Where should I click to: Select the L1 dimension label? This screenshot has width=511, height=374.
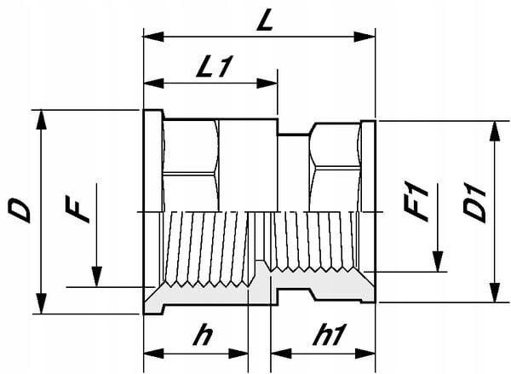pyautogui.click(x=214, y=66)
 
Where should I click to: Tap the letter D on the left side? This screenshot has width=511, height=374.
pyautogui.click(x=20, y=211)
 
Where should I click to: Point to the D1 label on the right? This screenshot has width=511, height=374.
pyautogui.click(x=474, y=204)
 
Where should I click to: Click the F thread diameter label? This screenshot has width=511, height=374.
pyautogui.click(x=77, y=209)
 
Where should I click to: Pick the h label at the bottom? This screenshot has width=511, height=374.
pyautogui.click(x=203, y=335)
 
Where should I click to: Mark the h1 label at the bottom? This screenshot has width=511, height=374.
pyautogui.click(x=327, y=335)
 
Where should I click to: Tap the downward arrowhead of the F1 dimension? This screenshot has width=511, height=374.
pyautogui.click(x=438, y=262)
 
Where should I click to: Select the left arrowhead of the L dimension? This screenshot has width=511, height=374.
pyautogui.click(x=153, y=37)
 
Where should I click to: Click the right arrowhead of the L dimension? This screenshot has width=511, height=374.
pyautogui.click(x=365, y=37)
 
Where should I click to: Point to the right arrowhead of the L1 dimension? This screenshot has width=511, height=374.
pyautogui.click(x=267, y=83)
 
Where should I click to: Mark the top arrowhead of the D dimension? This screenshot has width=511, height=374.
pyautogui.click(x=41, y=120)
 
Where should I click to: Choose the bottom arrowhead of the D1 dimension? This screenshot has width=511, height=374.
pyautogui.click(x=496, y=292)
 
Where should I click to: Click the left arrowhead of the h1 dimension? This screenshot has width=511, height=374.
pyautogui.click(x=281, y=354)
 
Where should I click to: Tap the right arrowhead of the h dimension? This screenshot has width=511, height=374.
pyautogui.click(x=238, y=354)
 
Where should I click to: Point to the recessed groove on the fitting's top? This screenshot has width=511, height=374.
pyautogui.click(x=293, y=134)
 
